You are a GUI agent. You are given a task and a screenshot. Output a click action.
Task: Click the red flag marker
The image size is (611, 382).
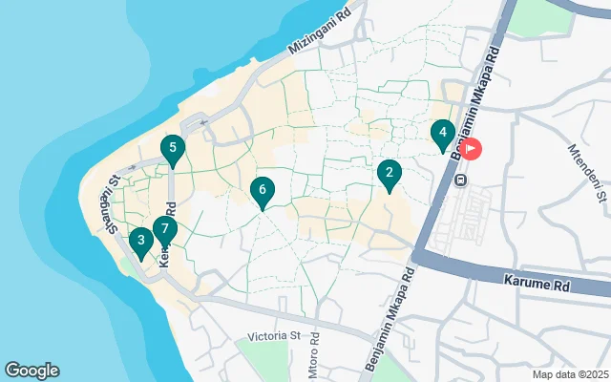[x=471, y=149]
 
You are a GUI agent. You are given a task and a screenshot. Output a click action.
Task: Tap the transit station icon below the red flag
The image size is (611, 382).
[x=460, y=180]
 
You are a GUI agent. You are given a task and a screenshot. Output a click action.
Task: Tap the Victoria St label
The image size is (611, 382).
[x=273, y=336]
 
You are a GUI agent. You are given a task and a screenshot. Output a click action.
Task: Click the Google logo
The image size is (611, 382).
[x=32, y=371]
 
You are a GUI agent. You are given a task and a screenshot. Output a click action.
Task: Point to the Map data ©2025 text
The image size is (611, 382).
[x=569, y=373]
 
